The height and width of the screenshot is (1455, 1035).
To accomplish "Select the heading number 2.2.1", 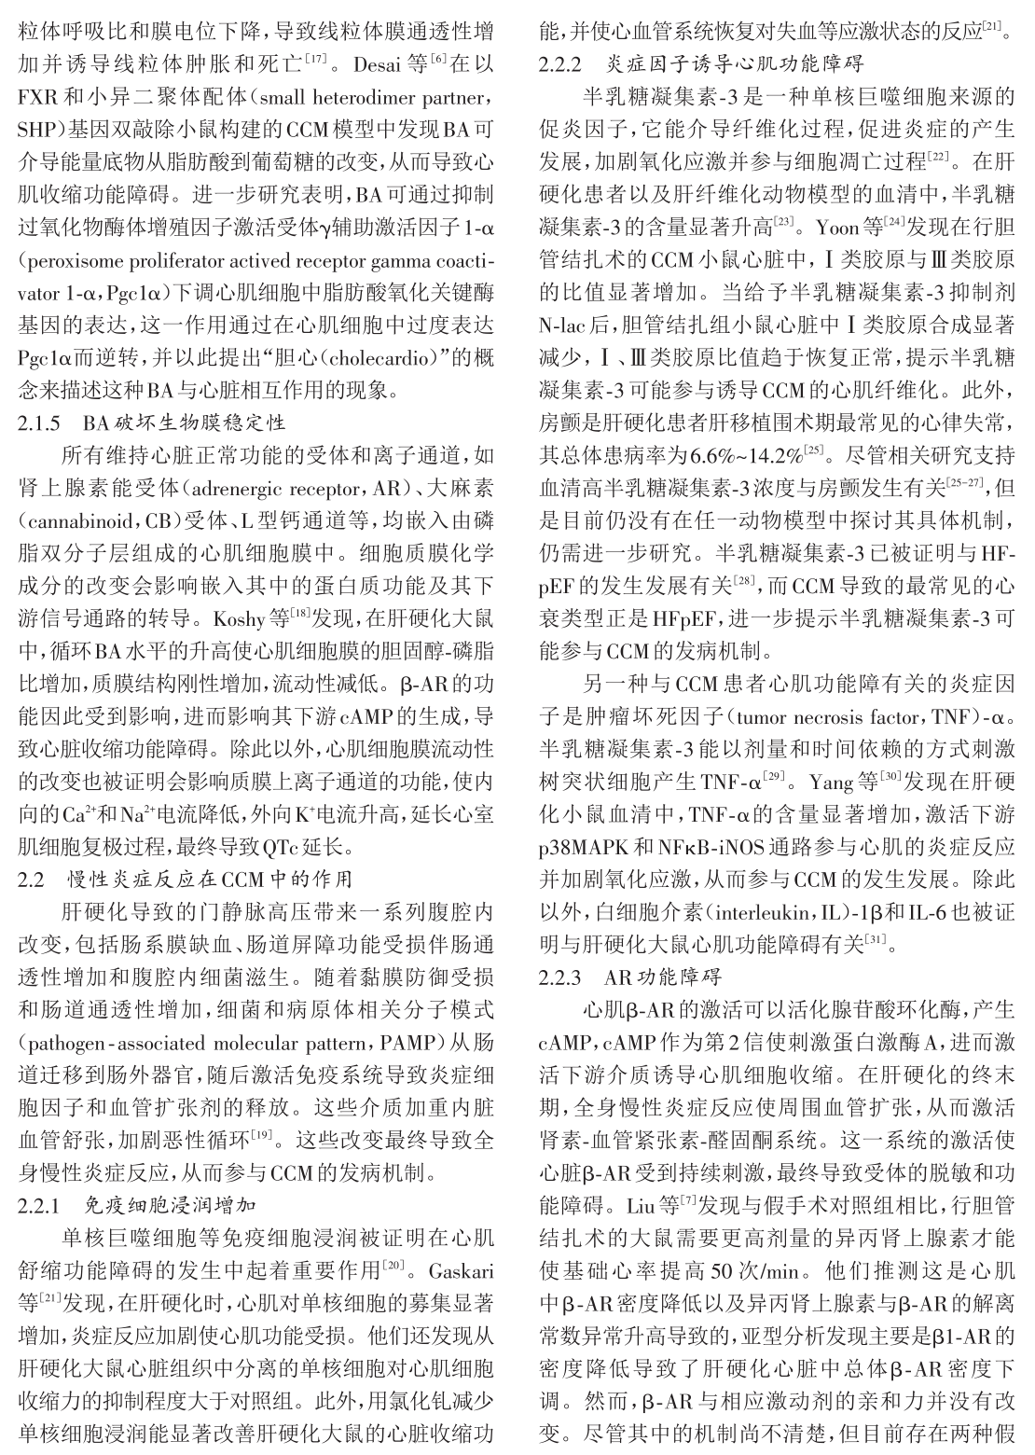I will pyautogui.click(x=39, y=1204).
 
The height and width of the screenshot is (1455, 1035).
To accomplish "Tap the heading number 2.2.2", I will pyautogui.click(x=560, y=65).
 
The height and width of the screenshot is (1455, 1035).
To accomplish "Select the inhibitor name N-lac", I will pyautogui.click(x=563, y=326).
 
